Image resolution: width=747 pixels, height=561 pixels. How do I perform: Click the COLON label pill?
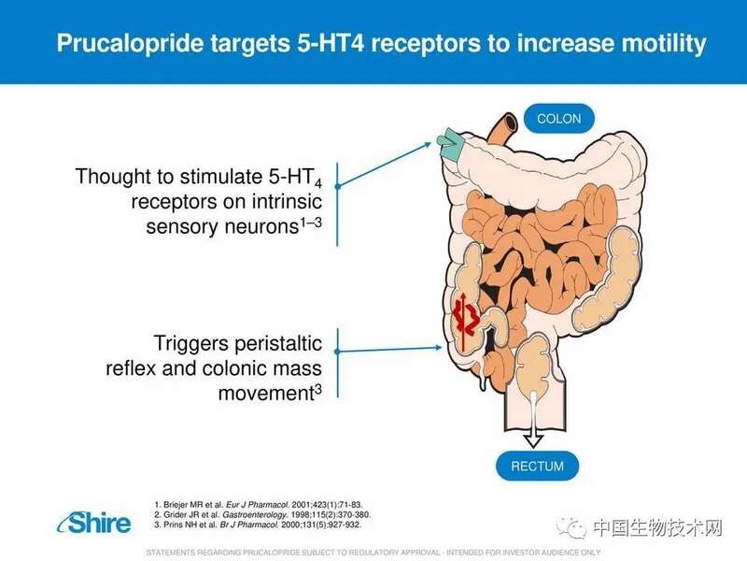(558, 119)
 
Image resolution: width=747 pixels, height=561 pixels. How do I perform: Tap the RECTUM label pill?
(537, 466)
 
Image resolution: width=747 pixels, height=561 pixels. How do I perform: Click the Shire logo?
(94, 523)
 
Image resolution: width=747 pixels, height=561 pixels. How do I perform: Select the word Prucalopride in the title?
(130, 42)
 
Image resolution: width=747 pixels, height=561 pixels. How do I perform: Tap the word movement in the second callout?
(266, 394)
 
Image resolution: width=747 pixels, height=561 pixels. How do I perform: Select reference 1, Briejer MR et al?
(259, 504)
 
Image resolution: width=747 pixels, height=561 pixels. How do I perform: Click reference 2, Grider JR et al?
(262, 515)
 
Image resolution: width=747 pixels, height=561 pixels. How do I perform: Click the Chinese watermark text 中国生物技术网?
(658, 528)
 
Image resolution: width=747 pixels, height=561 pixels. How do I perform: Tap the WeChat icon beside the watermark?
(571, 527)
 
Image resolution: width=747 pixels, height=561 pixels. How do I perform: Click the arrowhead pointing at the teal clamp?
(427, 145)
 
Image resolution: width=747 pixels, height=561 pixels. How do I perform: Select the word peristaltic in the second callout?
(278, 344)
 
